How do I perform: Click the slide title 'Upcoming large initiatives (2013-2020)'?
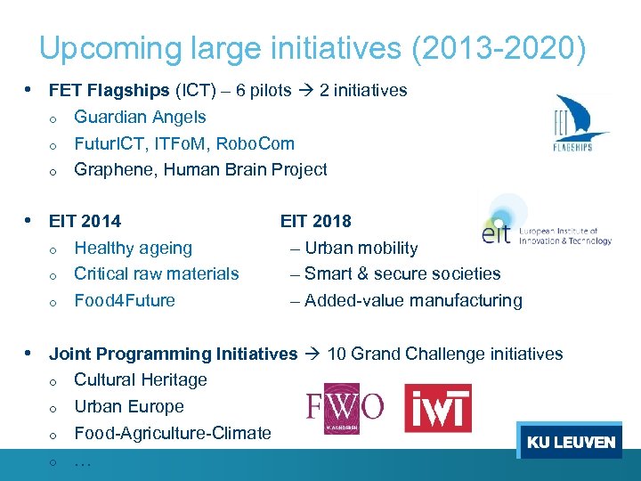pyautogui.click(x=312, y=48)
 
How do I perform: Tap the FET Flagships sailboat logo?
pyautogui.click(x=580, y=124)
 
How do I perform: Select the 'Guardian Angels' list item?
pyautogui.click(x=140, y=117)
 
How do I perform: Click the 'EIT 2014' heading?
pyautogui.click(x=85, y=221)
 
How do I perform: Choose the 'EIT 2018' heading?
pyautogui.click(x=316, y=221)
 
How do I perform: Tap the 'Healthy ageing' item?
pyautogui.click(x=133, y=248)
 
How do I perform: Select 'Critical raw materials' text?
pyautogui.click(x=157, y=273)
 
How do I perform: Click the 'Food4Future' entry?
pyautogui.click(x=125, y=300)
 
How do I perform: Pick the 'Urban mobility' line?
pyautogui.click(x=361, y=248)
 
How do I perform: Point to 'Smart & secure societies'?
pyautogui.click(x=402, y=273)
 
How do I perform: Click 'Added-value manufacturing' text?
pyautogui.click(x=413, y=300)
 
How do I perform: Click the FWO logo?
pyautogui.click(x=345, y=408)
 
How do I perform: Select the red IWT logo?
pyautogui.click(x=438, y=408)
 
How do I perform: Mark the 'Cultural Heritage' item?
pyautogui.click(x=141, y=379)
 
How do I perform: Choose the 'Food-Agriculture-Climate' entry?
pyautogui.click(x=173, y=433)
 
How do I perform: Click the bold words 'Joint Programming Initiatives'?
pyautogui.click(x=173, y=354)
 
